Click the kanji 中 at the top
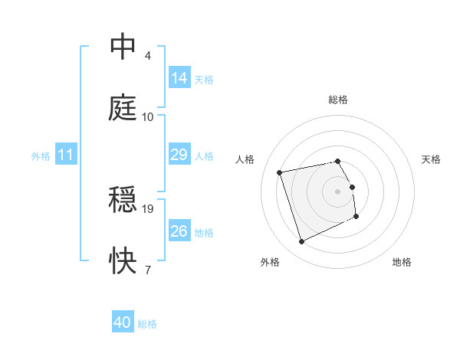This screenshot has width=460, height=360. coord(123,47)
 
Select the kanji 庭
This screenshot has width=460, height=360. coord(123,108)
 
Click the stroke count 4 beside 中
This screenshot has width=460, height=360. coord(147,56)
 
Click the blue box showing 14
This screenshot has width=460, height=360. coord(179,78)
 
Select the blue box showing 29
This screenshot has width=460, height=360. coord(179,155)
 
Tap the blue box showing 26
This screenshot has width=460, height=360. coord(179,231)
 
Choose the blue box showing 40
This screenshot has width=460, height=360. coord(123,323)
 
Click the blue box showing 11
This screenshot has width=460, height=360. coord(66,155)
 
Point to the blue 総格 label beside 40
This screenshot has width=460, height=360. coord(147,324)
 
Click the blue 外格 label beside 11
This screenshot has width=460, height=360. coord(41,156)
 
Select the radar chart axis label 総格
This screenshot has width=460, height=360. coord(338,100)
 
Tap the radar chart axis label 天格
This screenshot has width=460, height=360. coord(432,159)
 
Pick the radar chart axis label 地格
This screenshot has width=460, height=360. coord(402,262)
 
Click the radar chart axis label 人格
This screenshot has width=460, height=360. coord(245,159)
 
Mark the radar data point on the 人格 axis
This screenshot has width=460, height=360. coord(280,172)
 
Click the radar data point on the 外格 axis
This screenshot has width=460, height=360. coord(301,242)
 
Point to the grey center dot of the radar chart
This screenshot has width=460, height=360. coord(338,191)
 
